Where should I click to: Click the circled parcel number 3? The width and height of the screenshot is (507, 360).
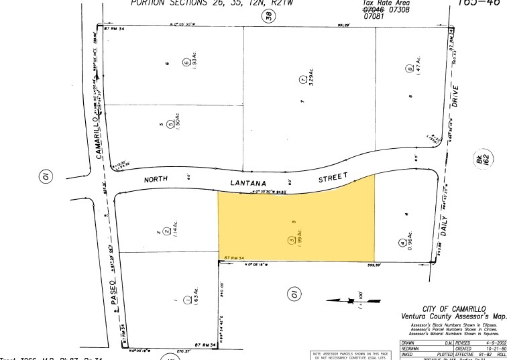(x=291, y=241)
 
